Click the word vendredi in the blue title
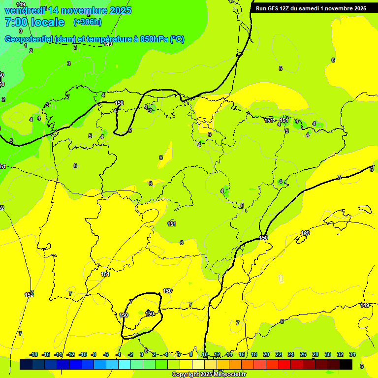click(x=25, y=10)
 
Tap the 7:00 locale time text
click(x=34, y=22)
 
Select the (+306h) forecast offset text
click(x=88, y=22)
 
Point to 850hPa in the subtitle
click(x=155, y=39)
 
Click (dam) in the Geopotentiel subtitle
click(x=65, y=39)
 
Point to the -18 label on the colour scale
click(x=33, y=354)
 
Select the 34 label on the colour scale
click(x=352, y=354)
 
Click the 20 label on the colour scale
click(x=266, y=354)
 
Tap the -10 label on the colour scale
click(x=83, y=354)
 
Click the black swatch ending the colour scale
click(x=346, y=365)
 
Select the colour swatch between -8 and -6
click(x=100, y=365)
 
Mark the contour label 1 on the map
click(x=26, y=46)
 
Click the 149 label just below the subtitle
click(x=108, y=44)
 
